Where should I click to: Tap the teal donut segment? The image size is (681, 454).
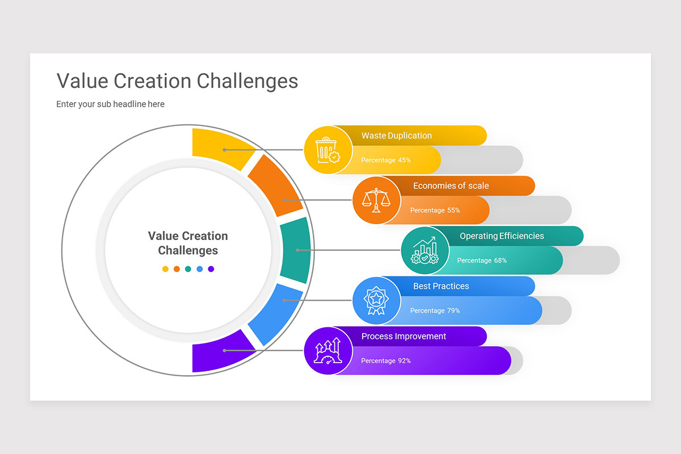tap(296, 250)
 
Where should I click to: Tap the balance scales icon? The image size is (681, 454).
tap(376, 200)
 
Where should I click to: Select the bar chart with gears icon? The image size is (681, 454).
tap(425, 250)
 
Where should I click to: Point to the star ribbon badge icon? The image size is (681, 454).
tap(376, 300)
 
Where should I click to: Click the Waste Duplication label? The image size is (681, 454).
tap(397, 136)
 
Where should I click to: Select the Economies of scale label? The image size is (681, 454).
tap(451, 186)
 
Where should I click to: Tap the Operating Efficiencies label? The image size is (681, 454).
tap(502, 236)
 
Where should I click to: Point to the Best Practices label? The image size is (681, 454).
tap(441, 286)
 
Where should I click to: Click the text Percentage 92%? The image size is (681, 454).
tap(386, 361)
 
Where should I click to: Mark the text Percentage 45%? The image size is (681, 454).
tap(386, 160)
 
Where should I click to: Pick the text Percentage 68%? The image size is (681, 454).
tap(482, 260)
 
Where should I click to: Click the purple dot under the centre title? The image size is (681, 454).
tap(211, 269)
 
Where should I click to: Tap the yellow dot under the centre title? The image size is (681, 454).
tap(165, 269)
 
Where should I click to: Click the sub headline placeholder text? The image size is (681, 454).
tap(110, 104)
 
